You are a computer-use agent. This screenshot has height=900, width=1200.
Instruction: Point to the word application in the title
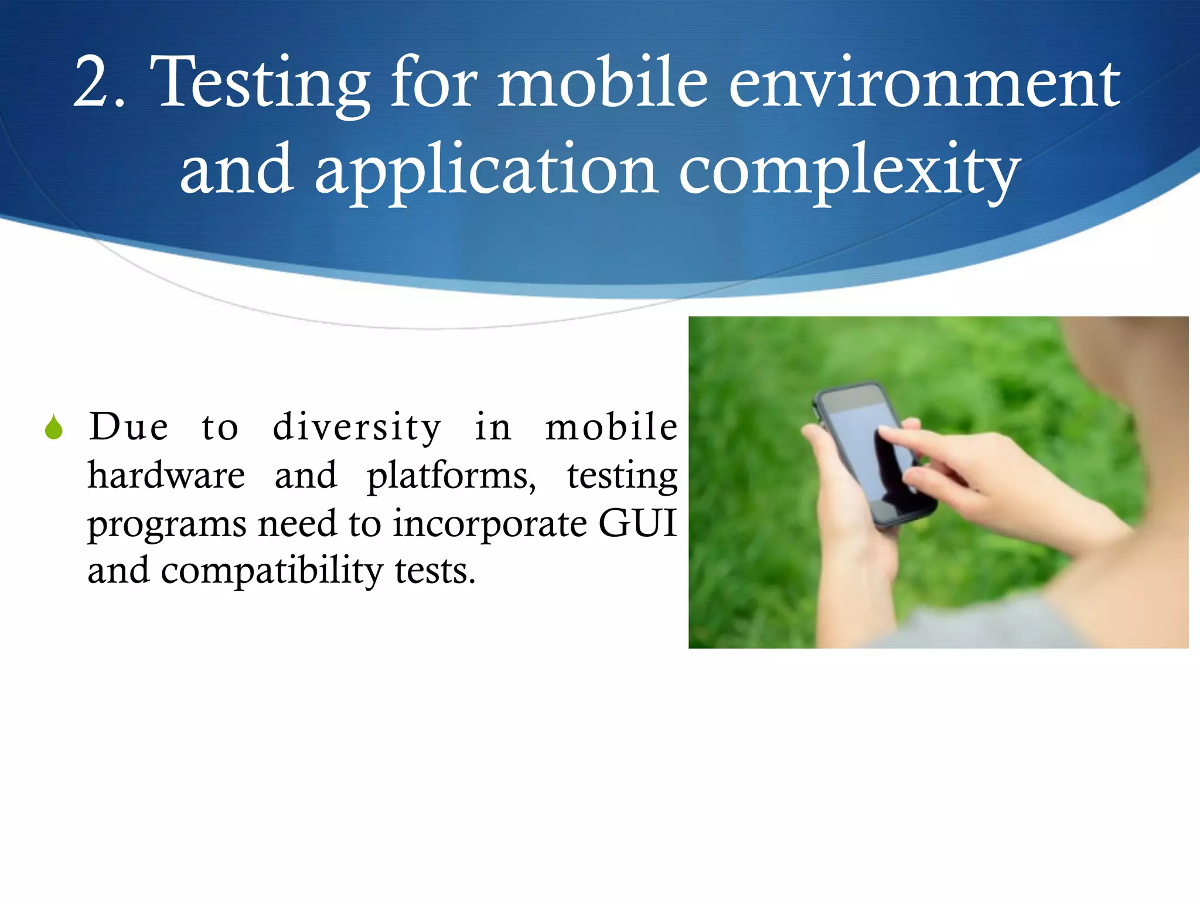[486, 172]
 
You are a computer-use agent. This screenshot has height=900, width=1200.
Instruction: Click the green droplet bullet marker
[54, 428]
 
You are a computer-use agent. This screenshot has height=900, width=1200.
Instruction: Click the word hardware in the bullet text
[166, 475]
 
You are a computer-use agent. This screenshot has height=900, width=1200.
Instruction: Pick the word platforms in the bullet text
[451, 476]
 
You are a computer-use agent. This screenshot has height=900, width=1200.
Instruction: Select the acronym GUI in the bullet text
[637, 523]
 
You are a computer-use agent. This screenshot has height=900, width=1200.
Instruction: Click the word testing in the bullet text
[622, 476]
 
